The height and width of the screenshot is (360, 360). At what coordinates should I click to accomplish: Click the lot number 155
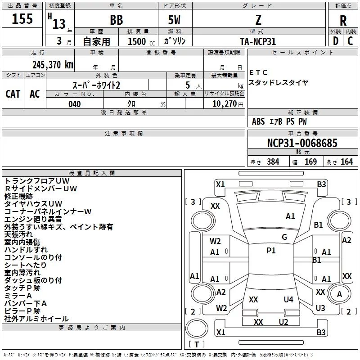(22, 19)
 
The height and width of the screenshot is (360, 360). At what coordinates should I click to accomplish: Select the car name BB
(117, 20)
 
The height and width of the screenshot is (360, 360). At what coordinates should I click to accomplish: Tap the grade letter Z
(258, 20)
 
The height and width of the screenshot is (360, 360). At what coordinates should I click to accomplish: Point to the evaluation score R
(343, 20)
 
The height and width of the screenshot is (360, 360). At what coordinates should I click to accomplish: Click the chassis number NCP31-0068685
(302, 144)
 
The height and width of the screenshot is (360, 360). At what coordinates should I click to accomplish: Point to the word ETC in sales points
(258, 72)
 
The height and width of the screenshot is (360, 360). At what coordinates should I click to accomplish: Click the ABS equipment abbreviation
(258, 121)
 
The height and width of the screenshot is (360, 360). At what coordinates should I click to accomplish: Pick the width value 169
(310, 162)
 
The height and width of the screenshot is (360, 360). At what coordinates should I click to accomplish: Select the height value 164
(346, 162)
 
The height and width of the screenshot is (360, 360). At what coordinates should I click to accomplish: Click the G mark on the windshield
(284, 237)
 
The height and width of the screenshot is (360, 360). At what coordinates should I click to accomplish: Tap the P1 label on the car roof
(271, 251)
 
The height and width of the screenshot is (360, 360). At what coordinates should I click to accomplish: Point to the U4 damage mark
(288, 300)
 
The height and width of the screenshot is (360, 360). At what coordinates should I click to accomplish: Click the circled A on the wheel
(340, 294)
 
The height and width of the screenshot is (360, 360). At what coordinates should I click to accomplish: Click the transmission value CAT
(13, 94)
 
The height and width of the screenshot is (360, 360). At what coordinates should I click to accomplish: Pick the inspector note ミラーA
(18, 296)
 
